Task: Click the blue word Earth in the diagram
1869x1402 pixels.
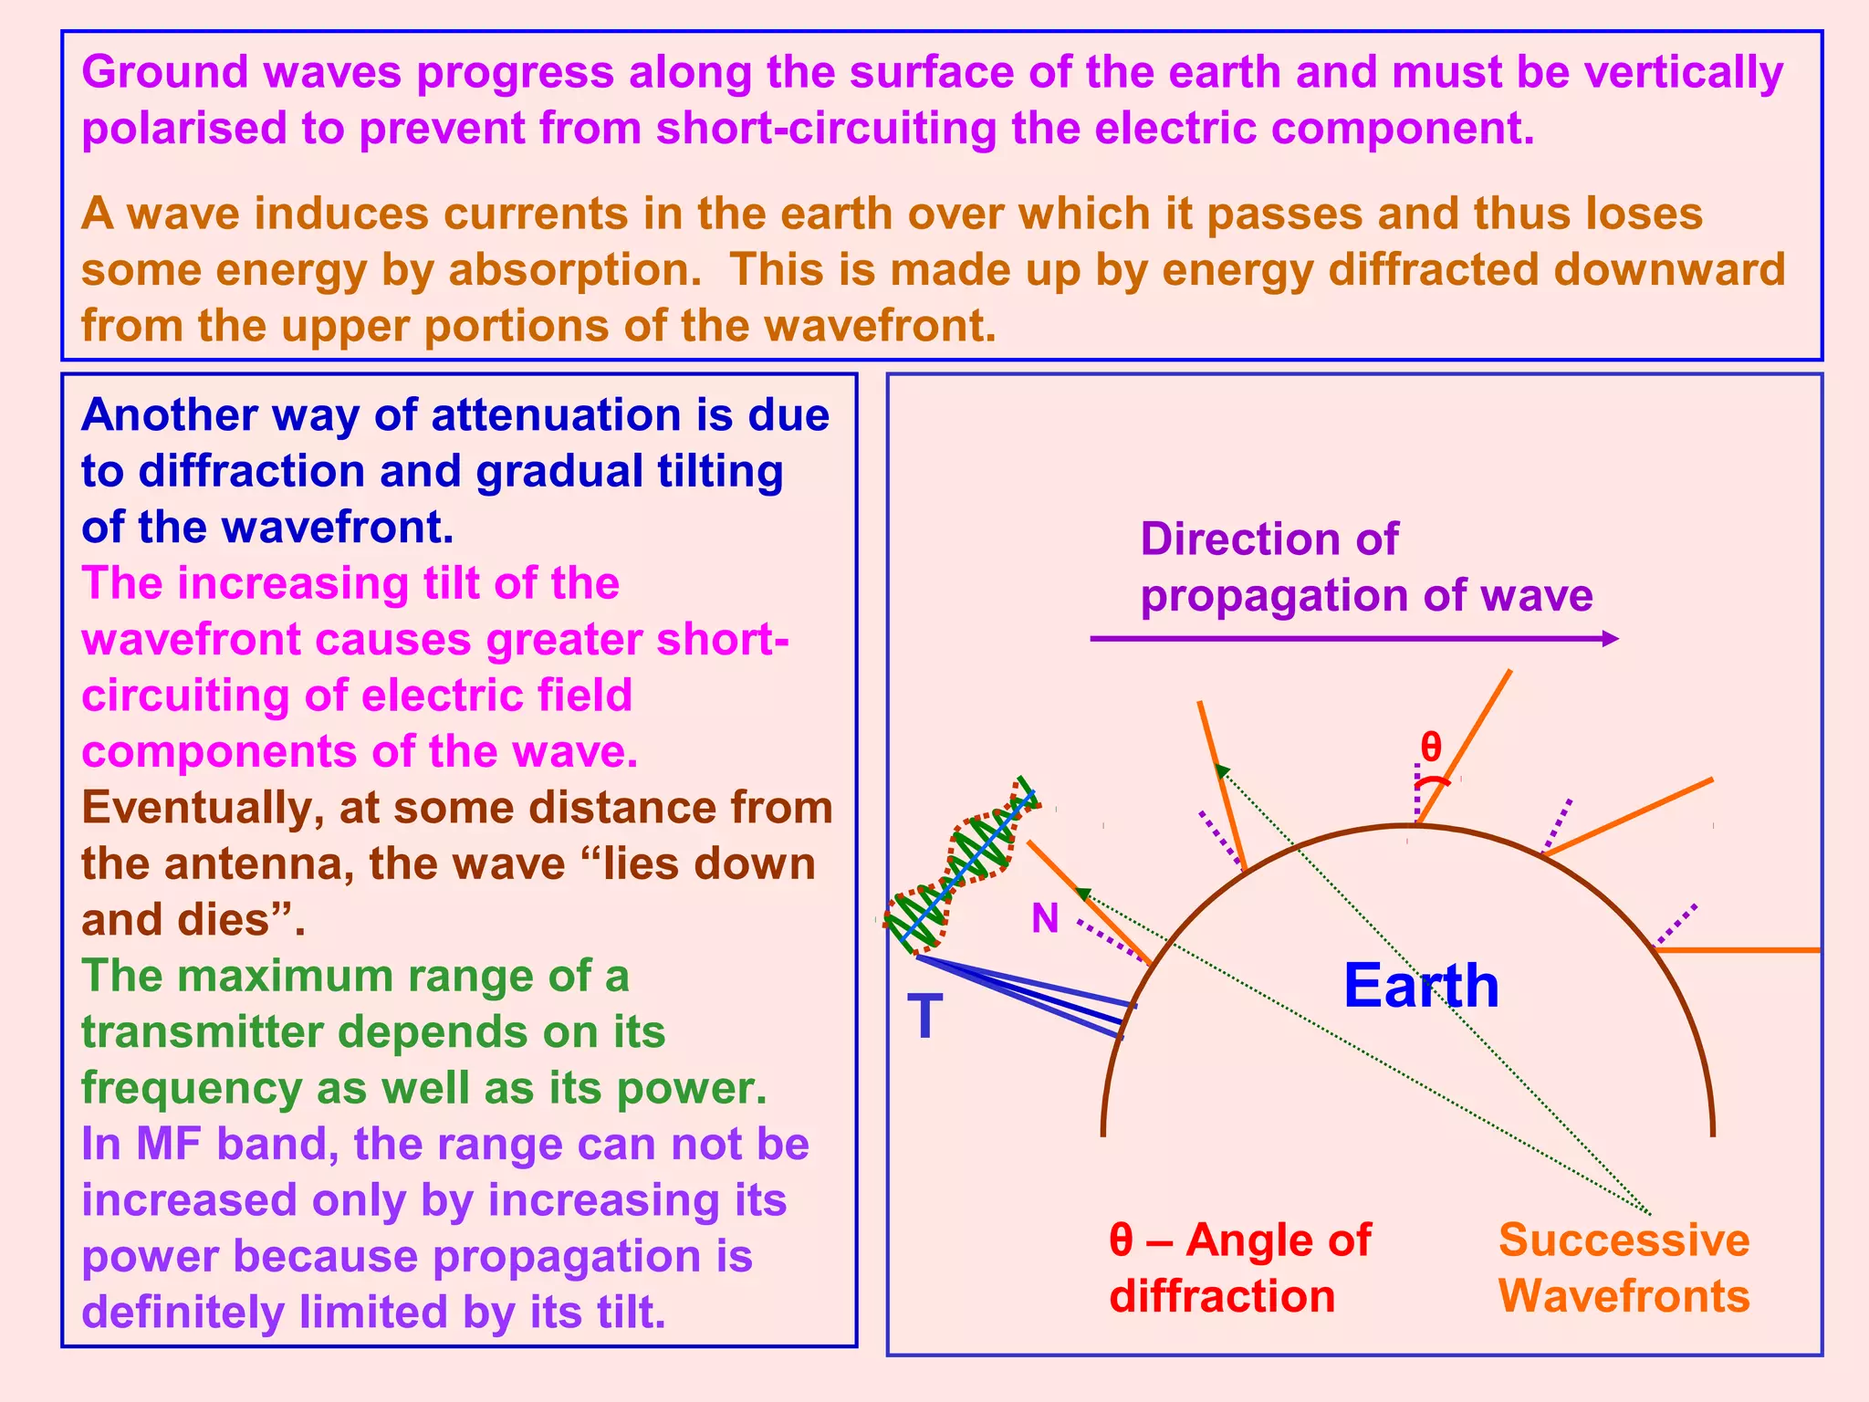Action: coord(1420,987)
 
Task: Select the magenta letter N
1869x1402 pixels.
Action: coord(1045,918)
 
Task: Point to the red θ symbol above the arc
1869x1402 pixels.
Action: coord(1431,748)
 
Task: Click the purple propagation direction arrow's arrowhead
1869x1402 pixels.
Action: coord(1611,639)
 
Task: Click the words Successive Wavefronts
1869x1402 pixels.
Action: coord(1624,1268)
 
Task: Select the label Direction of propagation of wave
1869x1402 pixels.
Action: coord(1365,567)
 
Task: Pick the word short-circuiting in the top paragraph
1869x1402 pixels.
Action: coord(826,129)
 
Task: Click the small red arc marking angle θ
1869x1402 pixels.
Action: coord(1433,782)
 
